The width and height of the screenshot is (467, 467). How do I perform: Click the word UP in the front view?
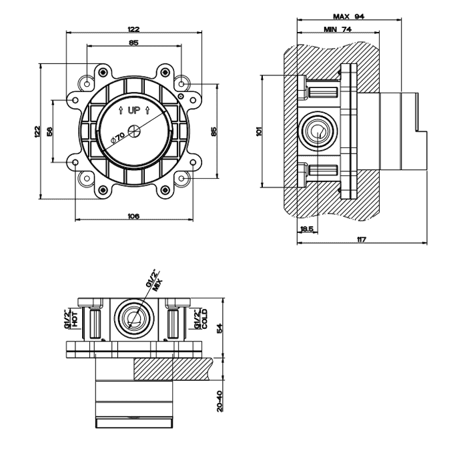point(134,111)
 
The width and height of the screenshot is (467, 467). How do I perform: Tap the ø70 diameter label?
point(117,138)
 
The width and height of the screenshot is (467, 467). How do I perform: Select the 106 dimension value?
point(133,216)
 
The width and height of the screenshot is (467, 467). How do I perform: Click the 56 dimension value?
point(49,131)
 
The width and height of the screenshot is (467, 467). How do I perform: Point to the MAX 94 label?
point(348,17)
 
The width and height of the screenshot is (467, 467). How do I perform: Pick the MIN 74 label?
point(338,29)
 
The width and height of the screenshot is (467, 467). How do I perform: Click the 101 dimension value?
point(259,131)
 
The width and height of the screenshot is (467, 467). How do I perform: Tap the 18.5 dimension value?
point(307,229)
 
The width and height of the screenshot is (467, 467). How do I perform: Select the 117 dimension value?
point(362,239)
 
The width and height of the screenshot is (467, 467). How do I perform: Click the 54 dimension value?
point(219,328)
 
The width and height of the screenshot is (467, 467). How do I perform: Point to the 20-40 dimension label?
point(219,401)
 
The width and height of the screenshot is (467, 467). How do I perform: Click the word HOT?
point(74,319)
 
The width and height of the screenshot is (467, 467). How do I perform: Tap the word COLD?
point(205,319)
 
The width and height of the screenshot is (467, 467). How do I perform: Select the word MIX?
point(157,286)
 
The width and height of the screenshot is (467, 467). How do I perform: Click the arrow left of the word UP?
point(121,111)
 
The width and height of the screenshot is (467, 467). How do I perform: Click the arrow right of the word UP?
point(147,111)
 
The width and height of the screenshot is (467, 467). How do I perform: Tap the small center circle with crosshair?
point(133,131)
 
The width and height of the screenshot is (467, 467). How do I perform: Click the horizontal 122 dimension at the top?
point(133,29)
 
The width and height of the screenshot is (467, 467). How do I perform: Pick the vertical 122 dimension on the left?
point(37,131)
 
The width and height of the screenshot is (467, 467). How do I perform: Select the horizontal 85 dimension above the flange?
point(133,43)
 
